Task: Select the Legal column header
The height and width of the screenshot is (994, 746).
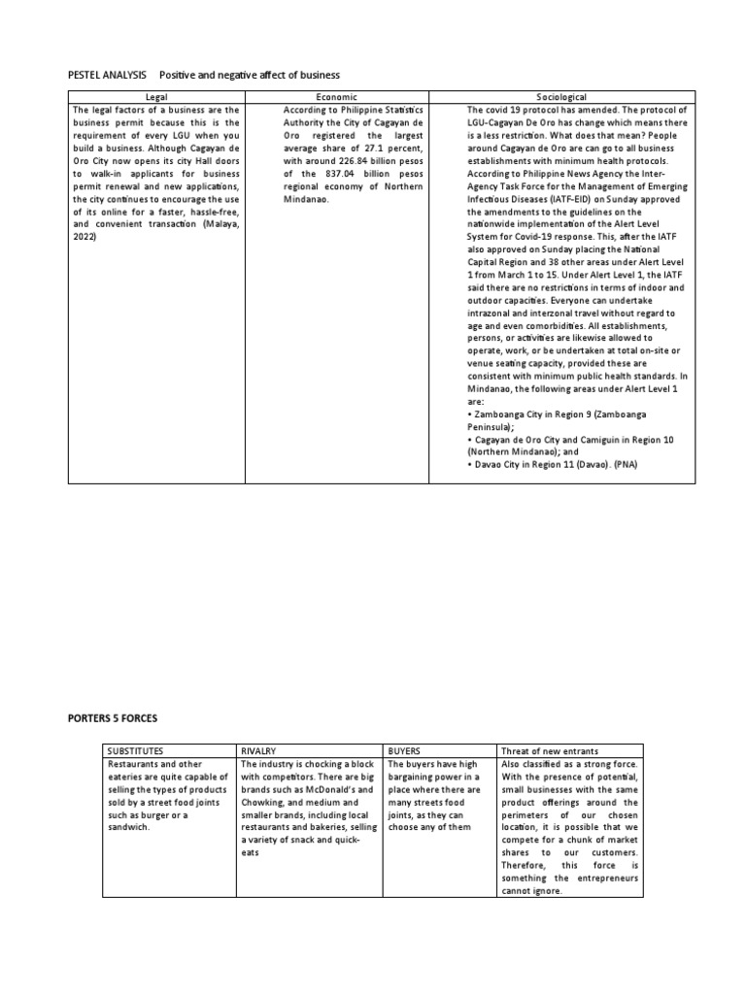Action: [156, 97]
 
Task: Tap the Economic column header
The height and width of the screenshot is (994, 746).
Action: [336, 97]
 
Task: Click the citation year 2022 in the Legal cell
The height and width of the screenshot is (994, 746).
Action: [86, 236]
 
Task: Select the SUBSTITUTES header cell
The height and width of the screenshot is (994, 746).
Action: [136, 751]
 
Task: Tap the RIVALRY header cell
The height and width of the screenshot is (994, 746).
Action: [261, 751]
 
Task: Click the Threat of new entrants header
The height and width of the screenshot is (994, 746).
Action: [548, 751]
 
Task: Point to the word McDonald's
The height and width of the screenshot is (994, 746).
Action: [337, 789]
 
